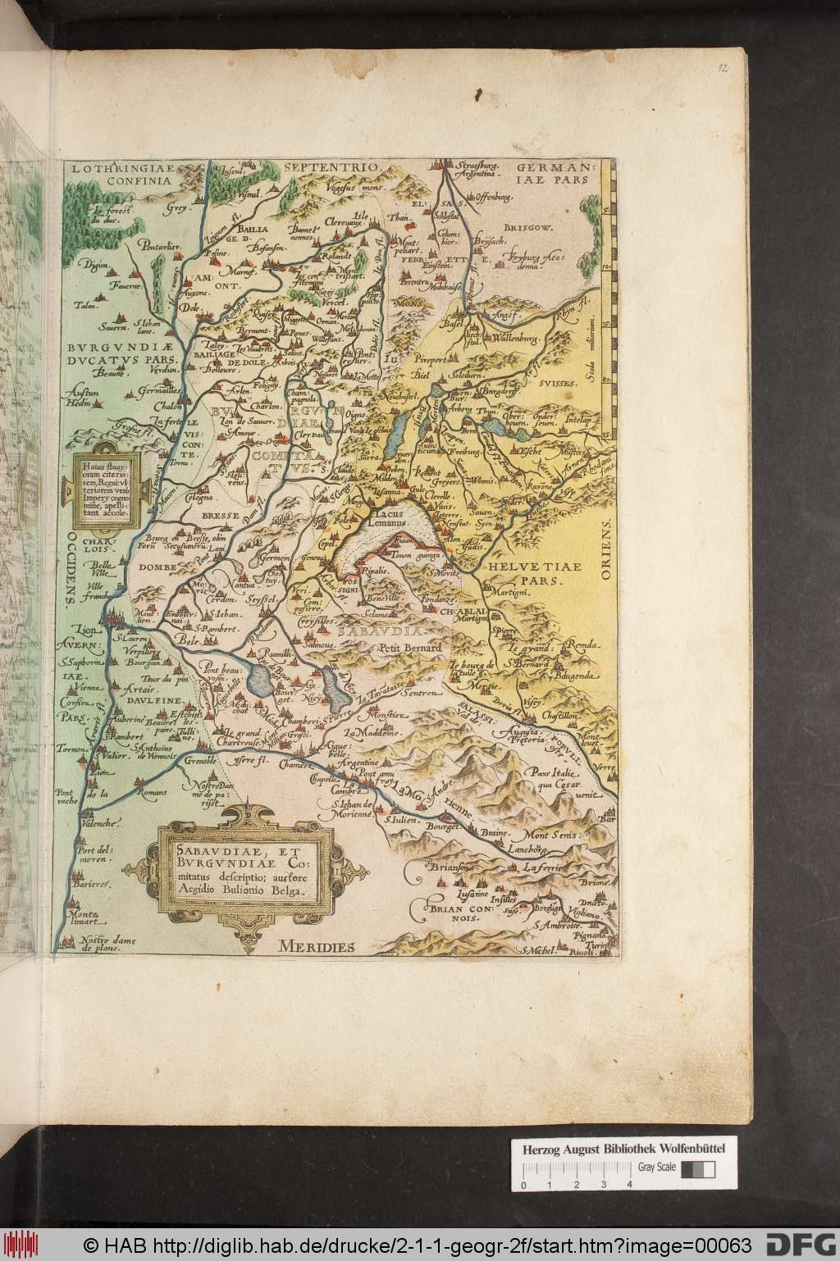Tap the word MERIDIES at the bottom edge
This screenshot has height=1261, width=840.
[x=315, y=945]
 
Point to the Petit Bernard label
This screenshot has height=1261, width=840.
[x=410, y=648]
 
